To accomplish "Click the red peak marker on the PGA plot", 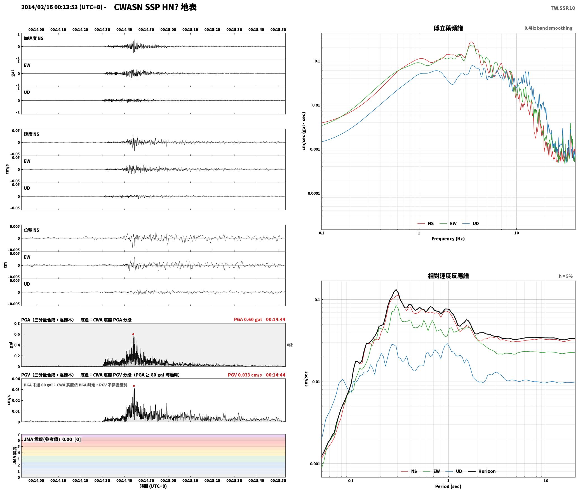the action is (x=133, y=334).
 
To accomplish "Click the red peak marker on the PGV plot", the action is (x=134, y=386).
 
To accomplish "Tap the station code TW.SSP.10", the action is (x=563, y=8).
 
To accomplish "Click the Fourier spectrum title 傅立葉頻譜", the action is (x=448, y=28).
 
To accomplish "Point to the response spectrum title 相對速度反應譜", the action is (x=448, y=276).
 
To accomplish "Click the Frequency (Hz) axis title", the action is (x=448, y=239).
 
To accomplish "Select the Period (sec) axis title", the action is (x=448, y=486).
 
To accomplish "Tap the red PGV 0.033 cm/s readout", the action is (x=245, y=375).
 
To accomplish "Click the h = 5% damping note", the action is (x=566, y=276).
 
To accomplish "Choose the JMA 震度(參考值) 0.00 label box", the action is (x=52, y=439).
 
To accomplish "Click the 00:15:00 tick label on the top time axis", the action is (x=168, y=30).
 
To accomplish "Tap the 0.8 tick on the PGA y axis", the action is (x=17, y=324).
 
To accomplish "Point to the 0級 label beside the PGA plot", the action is (x=290, y=345).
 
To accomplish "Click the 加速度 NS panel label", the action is (x=34, y=38).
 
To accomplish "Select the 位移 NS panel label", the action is (x=32, y=230).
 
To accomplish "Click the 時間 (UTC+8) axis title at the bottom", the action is (x=153, y=486).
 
